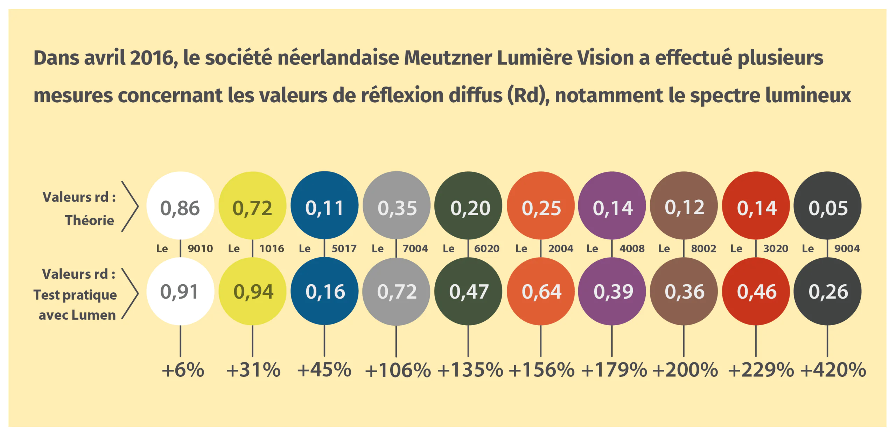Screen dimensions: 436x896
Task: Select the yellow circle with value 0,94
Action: (252, 291)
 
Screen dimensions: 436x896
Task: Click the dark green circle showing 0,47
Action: (468, 291)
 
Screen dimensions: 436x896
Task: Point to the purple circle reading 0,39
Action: (612, 291)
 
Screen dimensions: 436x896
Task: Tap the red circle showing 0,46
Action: (756, 291)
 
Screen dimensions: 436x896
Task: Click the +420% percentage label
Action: (833, 370)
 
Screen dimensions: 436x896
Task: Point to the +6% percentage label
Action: (183, 370)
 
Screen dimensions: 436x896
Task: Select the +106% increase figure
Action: (398, 370)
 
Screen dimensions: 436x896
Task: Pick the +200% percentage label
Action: (685, 370)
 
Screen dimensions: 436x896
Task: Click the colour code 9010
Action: (200, 248)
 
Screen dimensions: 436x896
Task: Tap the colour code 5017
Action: (344, 248)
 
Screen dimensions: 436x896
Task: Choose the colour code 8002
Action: (703, 248)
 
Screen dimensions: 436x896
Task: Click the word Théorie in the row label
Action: (90, 220)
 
